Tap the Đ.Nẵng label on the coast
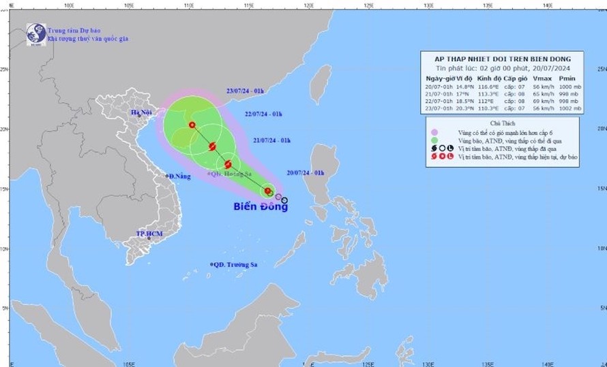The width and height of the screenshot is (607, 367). point(178,176)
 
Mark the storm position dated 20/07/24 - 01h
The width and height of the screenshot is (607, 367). point(269,192)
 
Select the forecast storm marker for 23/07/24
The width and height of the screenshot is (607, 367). point(192,125)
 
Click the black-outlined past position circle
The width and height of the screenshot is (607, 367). point(284,200)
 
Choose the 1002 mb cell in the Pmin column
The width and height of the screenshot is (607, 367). point(568,107)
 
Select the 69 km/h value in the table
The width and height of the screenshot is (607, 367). point(539,100)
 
